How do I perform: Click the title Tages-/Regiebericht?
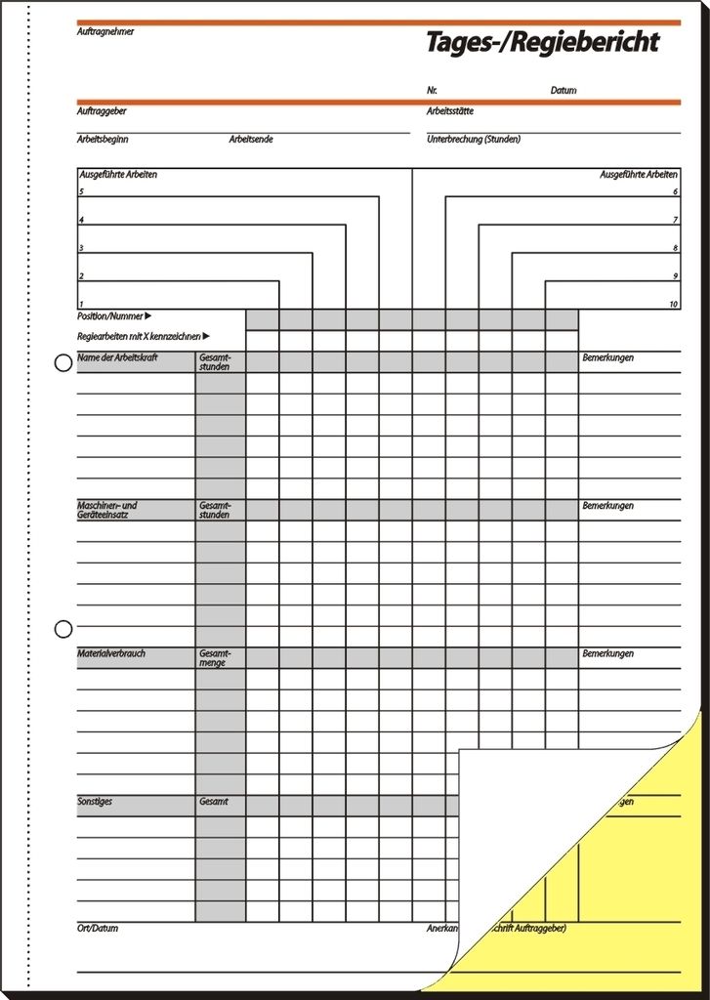point(542,43)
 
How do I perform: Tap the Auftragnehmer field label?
point(105,32)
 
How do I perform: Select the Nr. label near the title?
point(432,91)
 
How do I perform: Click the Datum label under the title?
point(564,91)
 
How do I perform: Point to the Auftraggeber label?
point(102,111)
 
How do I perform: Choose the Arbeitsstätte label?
point(450,111)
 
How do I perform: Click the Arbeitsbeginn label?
point(103,140)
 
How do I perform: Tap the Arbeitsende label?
point(251,140)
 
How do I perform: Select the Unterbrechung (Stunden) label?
point(474,140)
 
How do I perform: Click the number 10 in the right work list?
point(674,305)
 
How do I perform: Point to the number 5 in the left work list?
point(81,192)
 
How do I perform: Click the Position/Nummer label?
point(110,316)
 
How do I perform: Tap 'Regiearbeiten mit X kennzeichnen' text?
point(139,336)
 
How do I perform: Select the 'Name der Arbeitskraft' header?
point(117,358)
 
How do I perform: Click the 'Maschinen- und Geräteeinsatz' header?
point(107,510)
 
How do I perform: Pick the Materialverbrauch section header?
point(111,653)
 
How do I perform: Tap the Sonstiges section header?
point(95,802)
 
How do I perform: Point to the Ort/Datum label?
point(98,928)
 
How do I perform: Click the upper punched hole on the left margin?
point(63,363)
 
